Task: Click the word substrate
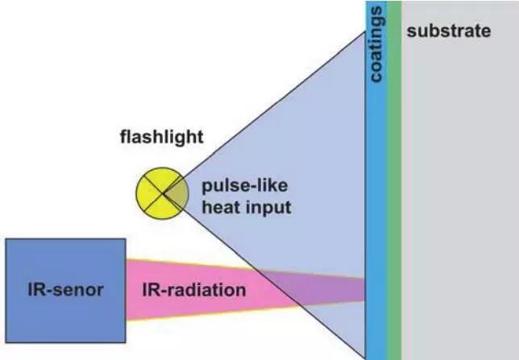448,32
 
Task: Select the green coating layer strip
394,201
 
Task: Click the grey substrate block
459,201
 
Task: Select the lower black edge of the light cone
266,274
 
